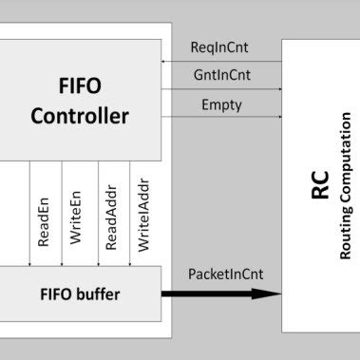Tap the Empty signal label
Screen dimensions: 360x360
(221, 105)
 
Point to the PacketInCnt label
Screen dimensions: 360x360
(224, 275)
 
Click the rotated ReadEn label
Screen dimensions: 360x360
(44, 222)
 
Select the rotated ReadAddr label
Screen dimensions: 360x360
(111, 218)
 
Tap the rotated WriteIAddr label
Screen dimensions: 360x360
(143, 216)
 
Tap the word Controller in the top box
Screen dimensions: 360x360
(80, 117)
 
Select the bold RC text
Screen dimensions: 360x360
(319, 185)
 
